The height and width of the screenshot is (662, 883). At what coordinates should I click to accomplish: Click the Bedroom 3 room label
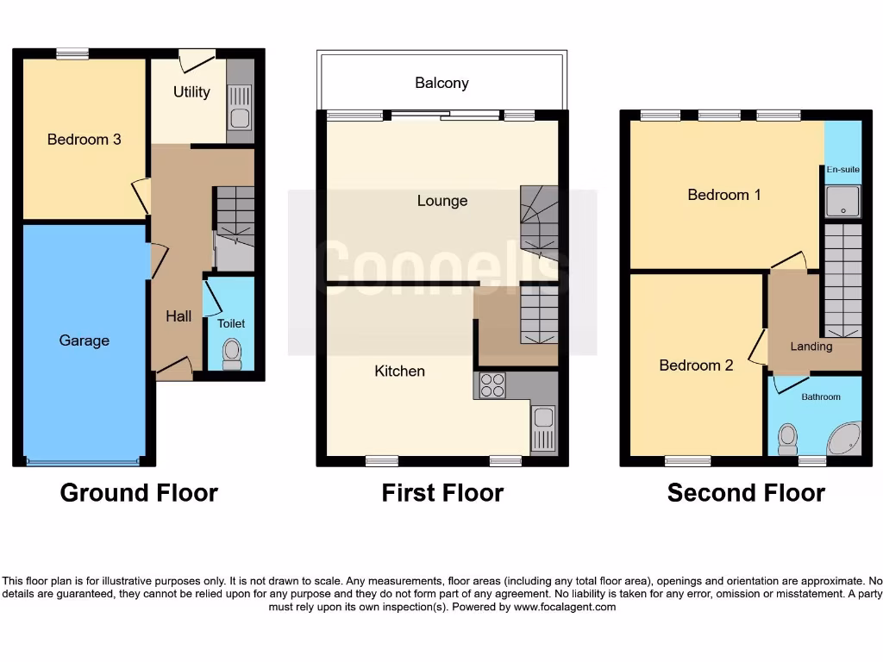pyautogui.click(x=84, y=139)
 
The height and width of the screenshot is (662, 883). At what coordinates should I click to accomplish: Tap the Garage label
pyautogui.click(x=84, y=340)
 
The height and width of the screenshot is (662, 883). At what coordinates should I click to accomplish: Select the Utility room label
pyautogui.click(x=191, y=91)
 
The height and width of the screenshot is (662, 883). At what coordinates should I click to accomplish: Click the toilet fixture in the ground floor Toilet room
pyautogui.click(x=232, y=353)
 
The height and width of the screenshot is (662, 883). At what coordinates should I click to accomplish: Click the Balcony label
pyautogui.click(x=441, y=83)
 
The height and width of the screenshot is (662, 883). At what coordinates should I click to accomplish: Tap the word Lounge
pyautogui.click(x=441, y=201)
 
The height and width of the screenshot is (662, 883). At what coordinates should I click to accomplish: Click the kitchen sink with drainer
pyautogui.click(x=543, y=428)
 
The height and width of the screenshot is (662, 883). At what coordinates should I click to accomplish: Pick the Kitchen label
pyautogui.click(x=399, y=371)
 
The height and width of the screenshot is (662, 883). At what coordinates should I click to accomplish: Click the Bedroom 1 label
pyautogui.click(x=724, y=195)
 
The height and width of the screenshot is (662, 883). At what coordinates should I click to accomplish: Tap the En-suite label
pyautogui.click(x=842, y=170)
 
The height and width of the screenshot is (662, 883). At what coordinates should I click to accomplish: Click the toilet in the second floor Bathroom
pyautogui.click(x=786, y=439)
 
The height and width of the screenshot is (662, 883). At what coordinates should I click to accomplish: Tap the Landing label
pyautogui.click(x=811, y=347)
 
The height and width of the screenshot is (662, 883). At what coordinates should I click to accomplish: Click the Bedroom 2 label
pyautogui.click(x=696, y=365)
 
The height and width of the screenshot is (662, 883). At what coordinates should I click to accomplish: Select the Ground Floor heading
pyautogui.click(x=139, y=493)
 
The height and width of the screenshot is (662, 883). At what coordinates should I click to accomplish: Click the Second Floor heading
pyautogui.click(x=746, y=493)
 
